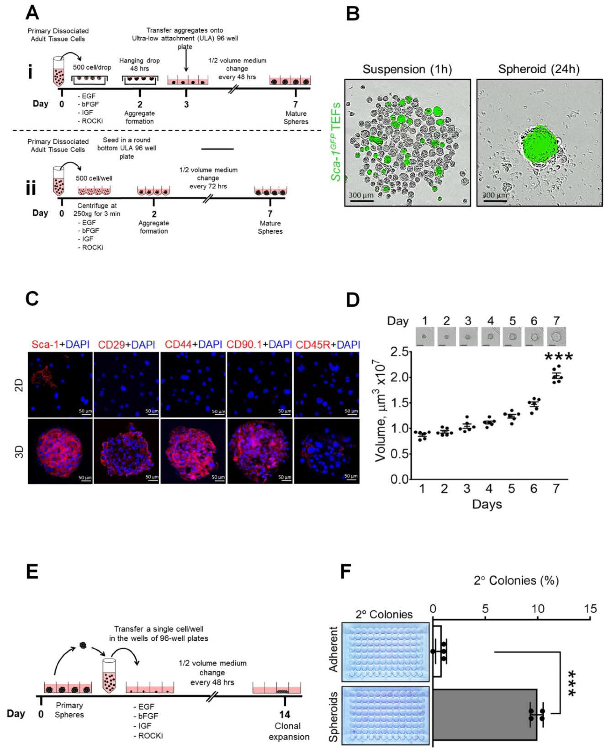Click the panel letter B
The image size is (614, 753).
[x=353, y=14]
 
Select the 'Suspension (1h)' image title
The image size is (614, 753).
[x=407, y=69]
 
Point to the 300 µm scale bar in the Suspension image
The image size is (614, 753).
[x=361, y=201]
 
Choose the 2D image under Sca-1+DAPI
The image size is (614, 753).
[x=60, y=385]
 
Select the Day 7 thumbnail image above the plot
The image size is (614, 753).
[x=556, y=336]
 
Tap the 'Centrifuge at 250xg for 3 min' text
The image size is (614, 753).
[x=97, y=209]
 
